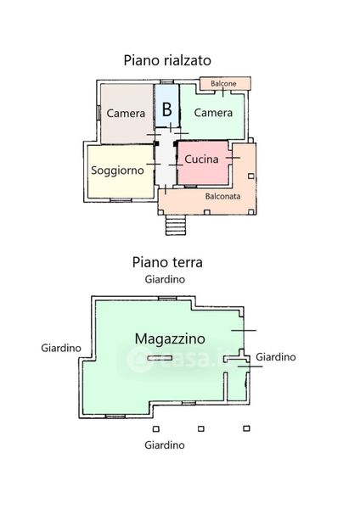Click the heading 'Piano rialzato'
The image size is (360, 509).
(167, 61)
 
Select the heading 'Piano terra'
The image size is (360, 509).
(167, 262)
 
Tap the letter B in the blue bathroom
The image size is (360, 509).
(166, 109)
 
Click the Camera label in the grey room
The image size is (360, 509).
(126, 114)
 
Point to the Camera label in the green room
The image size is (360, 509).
(213, 113)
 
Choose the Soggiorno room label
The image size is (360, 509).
(117, 171)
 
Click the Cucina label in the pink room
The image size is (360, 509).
(201, 159)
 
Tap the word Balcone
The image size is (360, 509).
(223, 83)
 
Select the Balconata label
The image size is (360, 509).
(223, 197)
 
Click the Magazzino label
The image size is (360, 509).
(170, 339)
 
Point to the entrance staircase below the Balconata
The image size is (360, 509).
(176, 225)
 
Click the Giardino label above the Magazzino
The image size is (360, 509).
(165, 279)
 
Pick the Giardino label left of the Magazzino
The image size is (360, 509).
(61, 348)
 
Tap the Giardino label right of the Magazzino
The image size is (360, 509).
(276, 357)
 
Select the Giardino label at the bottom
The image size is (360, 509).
(165, 445)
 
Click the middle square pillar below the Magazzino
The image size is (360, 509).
(201, 428)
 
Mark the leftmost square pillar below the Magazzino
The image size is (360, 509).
(156, 429)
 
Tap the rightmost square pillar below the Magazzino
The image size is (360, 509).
(246, 428)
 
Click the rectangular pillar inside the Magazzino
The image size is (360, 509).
(160, 358)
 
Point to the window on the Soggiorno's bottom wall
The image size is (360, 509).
(121, 200)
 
